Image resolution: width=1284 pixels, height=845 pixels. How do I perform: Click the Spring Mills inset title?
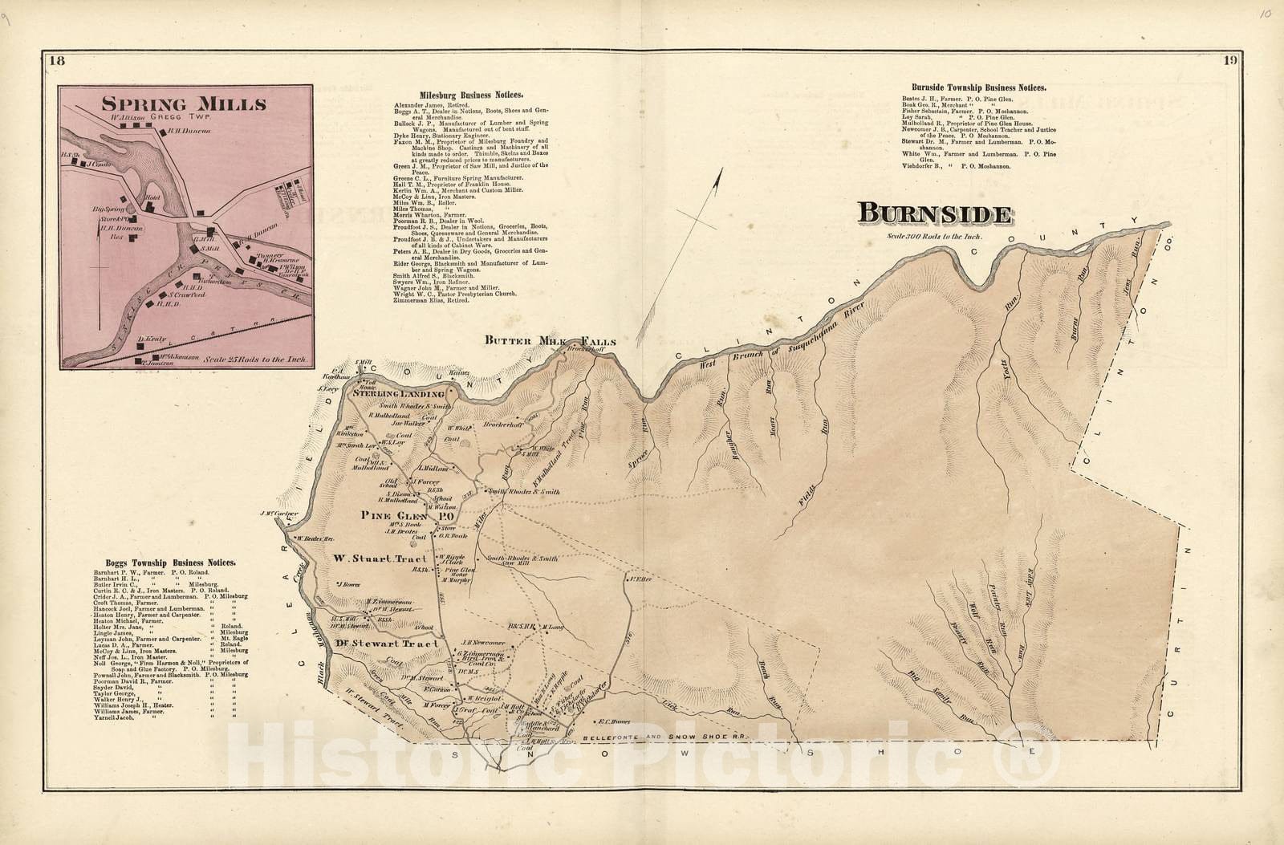point(183,104)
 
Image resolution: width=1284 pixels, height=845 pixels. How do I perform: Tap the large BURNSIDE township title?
point(934,214)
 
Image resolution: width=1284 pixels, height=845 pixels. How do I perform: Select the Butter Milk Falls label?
point(550,341)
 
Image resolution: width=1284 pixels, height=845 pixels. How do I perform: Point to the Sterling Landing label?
point(395,395)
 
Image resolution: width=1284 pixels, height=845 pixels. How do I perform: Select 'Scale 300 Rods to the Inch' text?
point(934,236)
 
